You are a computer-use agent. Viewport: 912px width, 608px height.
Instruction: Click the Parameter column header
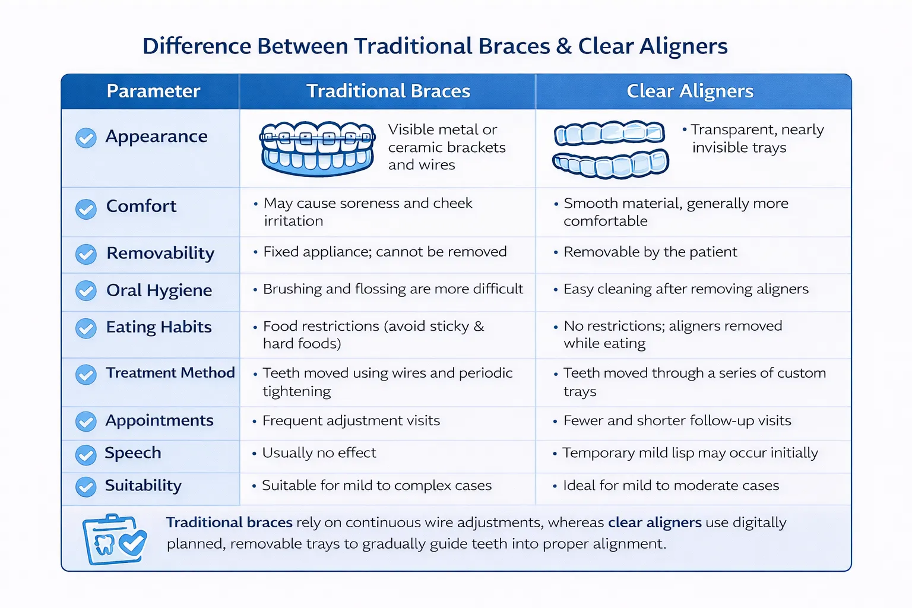[153, 91]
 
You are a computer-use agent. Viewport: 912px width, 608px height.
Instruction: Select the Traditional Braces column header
[388, 91]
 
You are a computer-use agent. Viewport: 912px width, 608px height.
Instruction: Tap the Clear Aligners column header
[690, 91]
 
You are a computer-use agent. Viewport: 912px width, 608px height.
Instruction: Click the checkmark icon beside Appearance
[86, 138]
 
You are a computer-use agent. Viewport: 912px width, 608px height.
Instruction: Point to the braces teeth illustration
[317, 148]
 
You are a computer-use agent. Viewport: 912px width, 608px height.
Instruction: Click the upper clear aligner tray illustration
[609, 133]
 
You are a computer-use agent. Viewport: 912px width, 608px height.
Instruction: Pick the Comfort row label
[141, 206]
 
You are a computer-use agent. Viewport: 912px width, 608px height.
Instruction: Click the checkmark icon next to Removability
[86, 254]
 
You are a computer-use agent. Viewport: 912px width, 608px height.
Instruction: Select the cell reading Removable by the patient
[650, 252]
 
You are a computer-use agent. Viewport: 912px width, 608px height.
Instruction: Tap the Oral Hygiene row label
[159, 290]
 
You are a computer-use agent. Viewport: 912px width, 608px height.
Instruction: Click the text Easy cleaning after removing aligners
[686, 289]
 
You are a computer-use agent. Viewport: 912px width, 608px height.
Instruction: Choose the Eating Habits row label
[159, 327]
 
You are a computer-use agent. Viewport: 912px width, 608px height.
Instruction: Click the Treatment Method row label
[170, 373]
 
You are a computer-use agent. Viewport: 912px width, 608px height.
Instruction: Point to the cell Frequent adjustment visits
[351, 420]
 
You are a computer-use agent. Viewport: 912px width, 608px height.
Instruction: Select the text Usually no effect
[319, 452]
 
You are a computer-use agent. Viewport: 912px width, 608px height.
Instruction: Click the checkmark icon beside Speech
[86, 455]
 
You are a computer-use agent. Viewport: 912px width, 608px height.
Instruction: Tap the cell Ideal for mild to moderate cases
[671, 485]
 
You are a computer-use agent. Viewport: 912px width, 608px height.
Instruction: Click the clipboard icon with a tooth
[115, 539]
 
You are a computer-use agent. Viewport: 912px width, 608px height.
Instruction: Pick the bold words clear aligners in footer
[655, 522]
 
